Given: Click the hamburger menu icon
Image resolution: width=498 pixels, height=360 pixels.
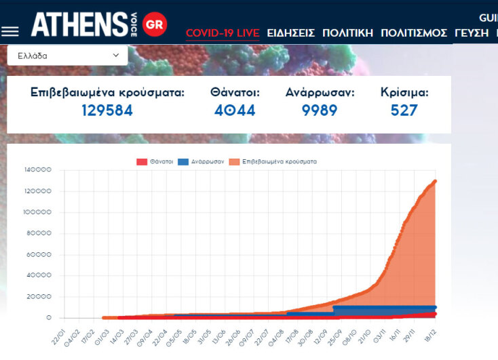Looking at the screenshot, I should point(10,31).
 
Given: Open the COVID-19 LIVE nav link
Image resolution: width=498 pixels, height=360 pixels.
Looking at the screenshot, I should point(222,33).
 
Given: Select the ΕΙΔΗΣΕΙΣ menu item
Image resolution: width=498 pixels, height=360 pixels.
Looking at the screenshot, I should point(290,33).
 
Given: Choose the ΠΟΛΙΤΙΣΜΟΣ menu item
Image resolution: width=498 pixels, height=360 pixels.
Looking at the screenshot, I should point(414,33).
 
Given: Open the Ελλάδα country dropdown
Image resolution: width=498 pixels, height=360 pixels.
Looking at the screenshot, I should point(67,56).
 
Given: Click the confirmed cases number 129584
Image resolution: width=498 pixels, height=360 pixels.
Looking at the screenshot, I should point(107,111).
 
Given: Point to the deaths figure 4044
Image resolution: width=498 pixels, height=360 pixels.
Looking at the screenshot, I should point(235,111).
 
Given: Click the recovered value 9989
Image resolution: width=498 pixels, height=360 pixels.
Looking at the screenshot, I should point(320,111).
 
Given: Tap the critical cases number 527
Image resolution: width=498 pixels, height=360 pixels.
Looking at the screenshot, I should point(404,111).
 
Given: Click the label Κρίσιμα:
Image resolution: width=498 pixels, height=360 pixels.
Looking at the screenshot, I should point(404,93).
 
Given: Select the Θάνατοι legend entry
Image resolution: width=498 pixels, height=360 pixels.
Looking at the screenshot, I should point(155,162).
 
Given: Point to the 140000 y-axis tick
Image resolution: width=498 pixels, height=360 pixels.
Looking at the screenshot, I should point(37,170).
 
